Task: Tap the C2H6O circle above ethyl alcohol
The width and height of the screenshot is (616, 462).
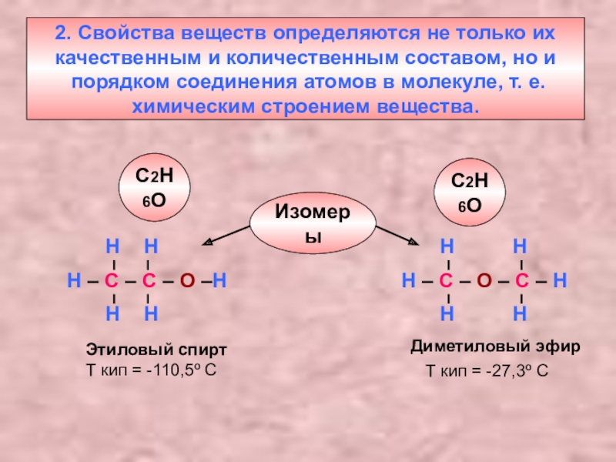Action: coord(153,188)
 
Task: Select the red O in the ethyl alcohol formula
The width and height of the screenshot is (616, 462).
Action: coord(186,280)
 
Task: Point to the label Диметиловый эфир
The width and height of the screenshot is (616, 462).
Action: coord(495,346)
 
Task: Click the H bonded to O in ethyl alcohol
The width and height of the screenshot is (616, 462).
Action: coord(220,280)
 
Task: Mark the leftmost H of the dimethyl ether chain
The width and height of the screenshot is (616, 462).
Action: coord(408,280)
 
